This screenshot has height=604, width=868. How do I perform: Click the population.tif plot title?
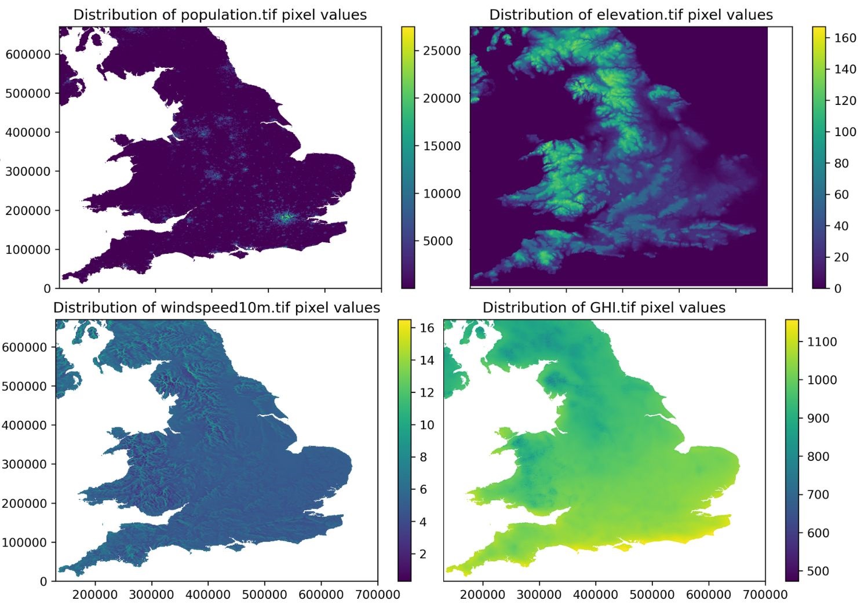[220, 15]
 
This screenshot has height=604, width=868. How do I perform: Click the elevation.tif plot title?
[631, 15]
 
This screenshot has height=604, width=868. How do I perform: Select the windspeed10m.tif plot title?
[217, 308]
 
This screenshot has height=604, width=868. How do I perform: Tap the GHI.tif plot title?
[604, 308]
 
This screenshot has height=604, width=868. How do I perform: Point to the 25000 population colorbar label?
[442, 51]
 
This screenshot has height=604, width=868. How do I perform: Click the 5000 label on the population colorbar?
[437, 241]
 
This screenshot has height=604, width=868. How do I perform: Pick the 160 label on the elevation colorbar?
[845, 38]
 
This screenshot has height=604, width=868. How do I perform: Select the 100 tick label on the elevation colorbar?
[845, 132]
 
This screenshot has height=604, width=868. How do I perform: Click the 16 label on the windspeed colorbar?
[426, 328]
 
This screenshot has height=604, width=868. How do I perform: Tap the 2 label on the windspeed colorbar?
[423, 554]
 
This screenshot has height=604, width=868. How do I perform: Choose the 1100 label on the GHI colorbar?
[822, 342]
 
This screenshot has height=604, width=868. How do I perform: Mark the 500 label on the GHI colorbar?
[818, 571]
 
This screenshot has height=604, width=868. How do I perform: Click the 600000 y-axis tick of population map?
[28, 54]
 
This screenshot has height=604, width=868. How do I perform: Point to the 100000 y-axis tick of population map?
[28, 250]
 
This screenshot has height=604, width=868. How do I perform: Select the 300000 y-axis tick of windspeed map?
[24, 464]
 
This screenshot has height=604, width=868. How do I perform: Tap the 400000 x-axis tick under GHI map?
[595, 595]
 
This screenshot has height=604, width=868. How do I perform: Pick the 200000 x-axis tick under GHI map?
[482, 595]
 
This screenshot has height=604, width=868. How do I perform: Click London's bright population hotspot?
[286, 217]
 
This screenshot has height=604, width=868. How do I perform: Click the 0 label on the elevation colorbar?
[837, 289]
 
